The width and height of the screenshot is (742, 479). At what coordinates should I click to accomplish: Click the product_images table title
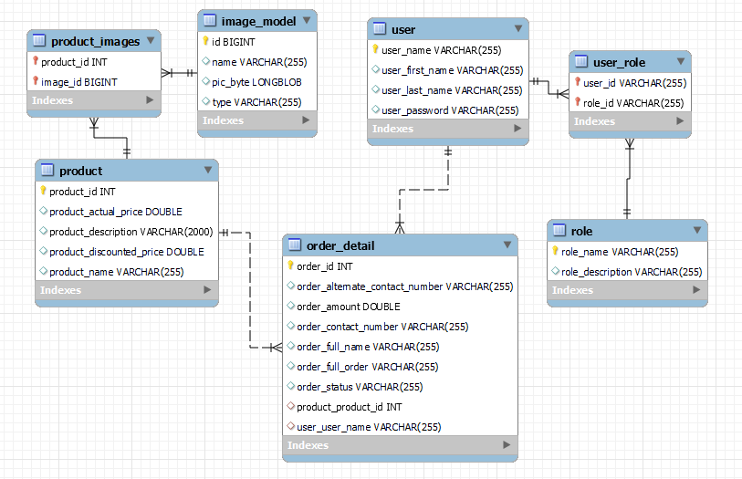click(95, 41)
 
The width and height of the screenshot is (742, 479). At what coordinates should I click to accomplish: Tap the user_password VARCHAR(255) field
click(450, 110)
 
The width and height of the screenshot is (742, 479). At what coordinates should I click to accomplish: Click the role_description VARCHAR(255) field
click(631, 272)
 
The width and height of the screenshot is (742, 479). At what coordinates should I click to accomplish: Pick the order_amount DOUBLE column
click(348, 307)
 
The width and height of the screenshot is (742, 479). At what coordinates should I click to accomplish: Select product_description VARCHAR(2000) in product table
click(131, 232)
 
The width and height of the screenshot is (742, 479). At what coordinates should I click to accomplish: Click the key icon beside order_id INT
click(291, 266)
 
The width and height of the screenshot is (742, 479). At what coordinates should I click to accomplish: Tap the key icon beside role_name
click(555, 252)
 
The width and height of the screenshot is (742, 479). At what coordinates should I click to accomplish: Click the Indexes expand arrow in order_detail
click(507, 445)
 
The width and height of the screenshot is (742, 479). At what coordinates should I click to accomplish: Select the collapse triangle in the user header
click(517, 29)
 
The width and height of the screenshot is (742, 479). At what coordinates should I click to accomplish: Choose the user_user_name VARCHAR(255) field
click(369, 427)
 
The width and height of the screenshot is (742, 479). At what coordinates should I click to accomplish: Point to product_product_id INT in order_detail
click(349, 407)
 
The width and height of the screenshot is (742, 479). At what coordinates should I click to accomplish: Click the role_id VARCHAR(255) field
click(633, 103)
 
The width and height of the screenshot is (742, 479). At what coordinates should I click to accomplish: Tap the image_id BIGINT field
click(78, 82)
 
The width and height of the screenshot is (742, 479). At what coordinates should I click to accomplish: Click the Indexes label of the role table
click(572, 290)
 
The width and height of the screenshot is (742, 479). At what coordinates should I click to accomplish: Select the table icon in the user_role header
click(580, 63)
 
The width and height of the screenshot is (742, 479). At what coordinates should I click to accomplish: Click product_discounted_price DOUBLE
click(126, 252)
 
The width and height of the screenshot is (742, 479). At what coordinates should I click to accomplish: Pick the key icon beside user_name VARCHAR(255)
click(375, 50)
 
